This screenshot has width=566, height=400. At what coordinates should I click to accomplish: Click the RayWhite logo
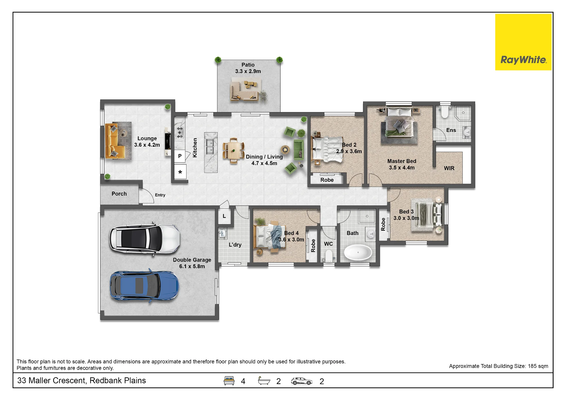(523, 42)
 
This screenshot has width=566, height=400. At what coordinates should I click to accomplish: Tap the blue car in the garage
(144, 286)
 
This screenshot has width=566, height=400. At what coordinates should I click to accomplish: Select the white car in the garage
(145, 239)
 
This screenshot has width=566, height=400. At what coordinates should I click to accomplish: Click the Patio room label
(248, 65)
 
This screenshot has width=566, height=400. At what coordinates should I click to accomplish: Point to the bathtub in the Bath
(358, 252)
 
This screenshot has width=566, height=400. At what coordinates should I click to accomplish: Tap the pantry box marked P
(180, 156)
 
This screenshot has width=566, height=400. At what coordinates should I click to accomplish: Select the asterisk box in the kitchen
(180, 172)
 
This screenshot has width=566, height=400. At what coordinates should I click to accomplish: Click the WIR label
(449, 168)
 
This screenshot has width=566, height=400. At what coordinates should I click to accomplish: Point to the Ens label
(451, 130)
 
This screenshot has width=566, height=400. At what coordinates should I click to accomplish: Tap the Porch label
(119, 194)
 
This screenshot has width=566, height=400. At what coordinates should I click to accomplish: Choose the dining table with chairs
(233, 151)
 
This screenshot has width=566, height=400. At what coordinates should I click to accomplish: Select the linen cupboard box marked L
(224, 216)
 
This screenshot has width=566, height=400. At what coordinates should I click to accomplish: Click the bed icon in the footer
(229, 381)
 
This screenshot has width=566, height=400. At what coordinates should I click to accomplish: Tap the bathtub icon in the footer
(264, 381)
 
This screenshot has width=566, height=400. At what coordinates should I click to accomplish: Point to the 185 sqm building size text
(538, 366)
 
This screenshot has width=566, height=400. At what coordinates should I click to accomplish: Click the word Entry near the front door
(160, 195)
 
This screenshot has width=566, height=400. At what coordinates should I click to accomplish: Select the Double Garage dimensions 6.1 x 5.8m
(192, 266)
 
